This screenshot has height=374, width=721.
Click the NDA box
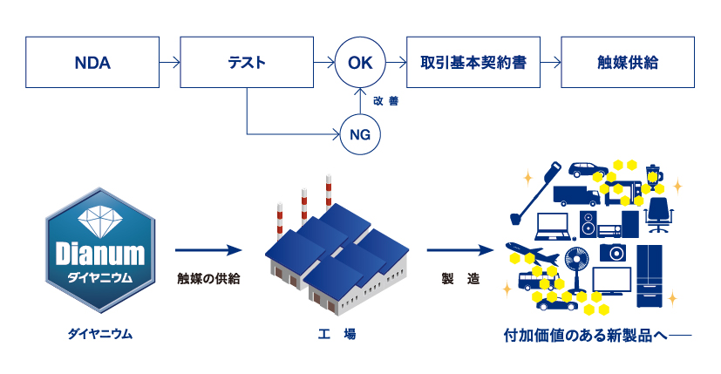click(x=93, y=62)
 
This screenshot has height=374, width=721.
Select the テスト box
click(x=247, y=62)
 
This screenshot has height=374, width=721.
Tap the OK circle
click(x=360, y=62)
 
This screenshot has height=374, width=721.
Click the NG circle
click(x=360, y=133)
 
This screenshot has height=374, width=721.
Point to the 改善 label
click(x=385, y=100)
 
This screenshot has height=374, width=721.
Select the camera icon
click(x=613, y=252)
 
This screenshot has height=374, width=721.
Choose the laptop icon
click(x=553, y=227)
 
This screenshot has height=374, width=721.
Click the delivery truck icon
click(x=575, y=196)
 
